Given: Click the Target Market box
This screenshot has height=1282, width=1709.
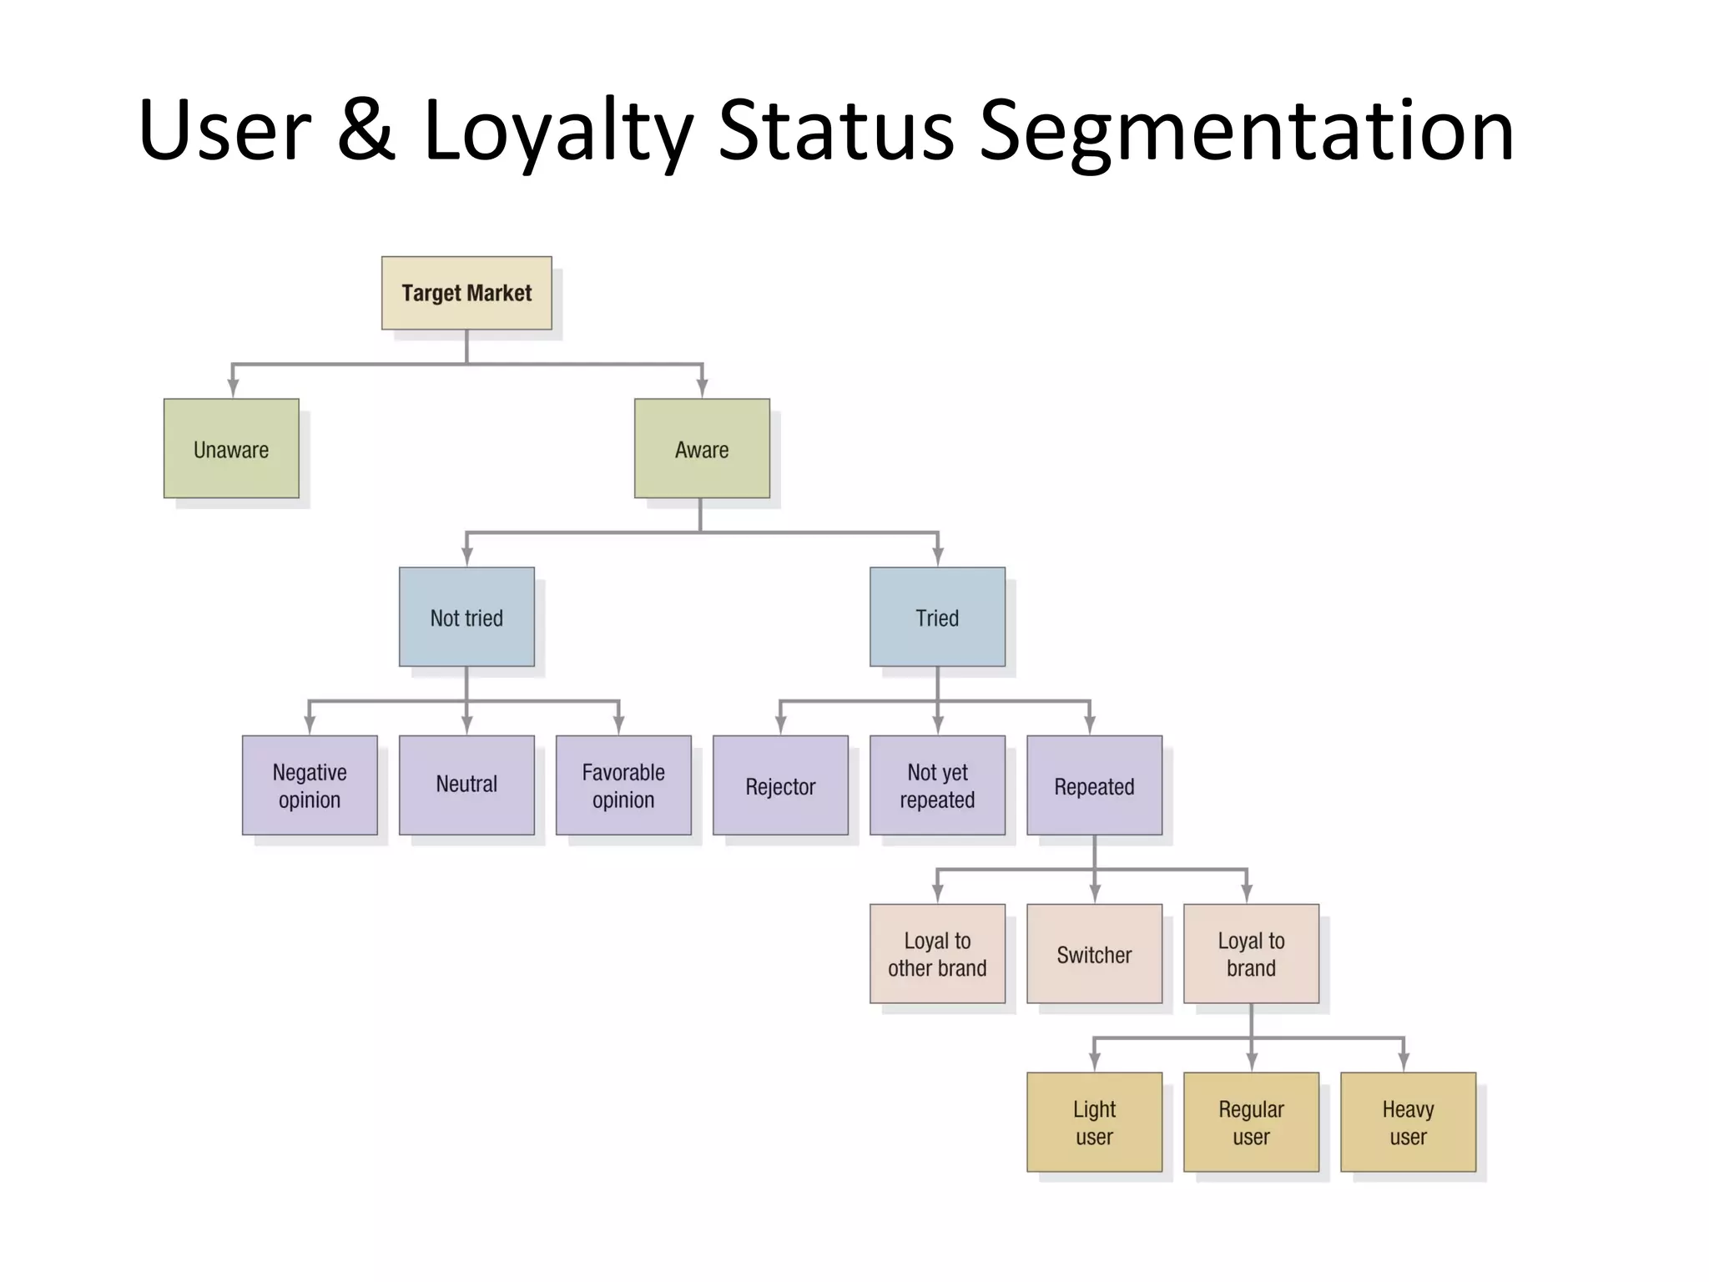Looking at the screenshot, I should [x=466, y=293].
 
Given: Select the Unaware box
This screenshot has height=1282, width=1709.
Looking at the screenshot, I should [x=231, y=449].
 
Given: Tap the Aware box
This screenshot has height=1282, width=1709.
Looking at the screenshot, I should [x=702, y=449].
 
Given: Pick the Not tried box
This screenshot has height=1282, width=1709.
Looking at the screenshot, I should [x=466, y=618].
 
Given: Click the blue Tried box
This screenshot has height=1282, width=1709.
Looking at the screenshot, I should [x=937, y=618].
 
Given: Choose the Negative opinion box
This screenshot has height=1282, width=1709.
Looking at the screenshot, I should [x=310, y=785].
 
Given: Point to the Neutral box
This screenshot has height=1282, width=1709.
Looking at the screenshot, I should [x=466, y=785].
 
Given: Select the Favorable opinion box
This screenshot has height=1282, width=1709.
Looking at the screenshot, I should [x=623, y=785].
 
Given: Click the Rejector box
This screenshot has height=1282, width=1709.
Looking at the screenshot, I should [x=780, y=785].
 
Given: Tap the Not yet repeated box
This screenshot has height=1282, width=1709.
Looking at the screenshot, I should [x=937, y=785].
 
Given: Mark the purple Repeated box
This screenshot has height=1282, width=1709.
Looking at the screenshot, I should [x=1094, y=785].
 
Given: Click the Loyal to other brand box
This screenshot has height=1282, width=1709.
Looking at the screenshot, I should [x=937, y=954].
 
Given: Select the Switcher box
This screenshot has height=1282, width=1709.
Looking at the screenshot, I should [x=1094, y=954].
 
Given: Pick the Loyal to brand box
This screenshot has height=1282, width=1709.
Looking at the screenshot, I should [x=1251, y=954].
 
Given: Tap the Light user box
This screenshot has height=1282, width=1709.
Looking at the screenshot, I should [x=1094, y=1123].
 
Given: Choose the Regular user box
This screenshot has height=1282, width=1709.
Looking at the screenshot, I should [x=1251, y=1123].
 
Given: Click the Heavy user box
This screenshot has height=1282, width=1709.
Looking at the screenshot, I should [x=1408, y=1123].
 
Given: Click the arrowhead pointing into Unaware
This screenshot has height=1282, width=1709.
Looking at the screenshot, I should [x=233, y=388].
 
